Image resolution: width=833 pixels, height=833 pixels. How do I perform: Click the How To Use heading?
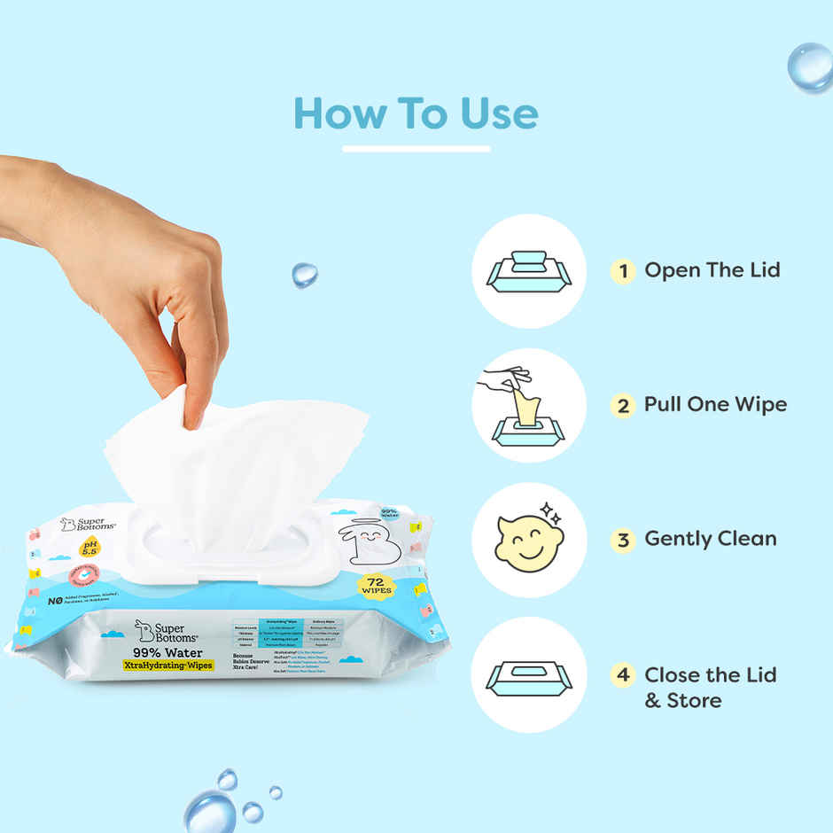click(416, 114)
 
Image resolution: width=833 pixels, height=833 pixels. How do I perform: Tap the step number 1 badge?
click(623, 270)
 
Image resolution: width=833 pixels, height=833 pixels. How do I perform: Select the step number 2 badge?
click(623, 405)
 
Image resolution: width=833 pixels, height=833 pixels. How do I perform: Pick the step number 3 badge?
click(623, 539)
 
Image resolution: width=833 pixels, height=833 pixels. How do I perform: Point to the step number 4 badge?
click(623, 674)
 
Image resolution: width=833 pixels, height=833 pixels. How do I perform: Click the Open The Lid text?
click(712, 270)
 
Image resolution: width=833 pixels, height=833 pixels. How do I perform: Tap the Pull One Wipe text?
click(715, 405)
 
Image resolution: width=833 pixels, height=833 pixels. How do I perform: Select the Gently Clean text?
click(710, 539)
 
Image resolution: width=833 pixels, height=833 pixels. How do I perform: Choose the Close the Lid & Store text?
click(709, 688)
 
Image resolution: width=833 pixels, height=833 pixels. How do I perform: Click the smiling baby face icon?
click(528, 540)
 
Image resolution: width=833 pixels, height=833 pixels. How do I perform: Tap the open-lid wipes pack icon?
click(529, 270)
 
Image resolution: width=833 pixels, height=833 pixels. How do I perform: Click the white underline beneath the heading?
click(416, 149)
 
